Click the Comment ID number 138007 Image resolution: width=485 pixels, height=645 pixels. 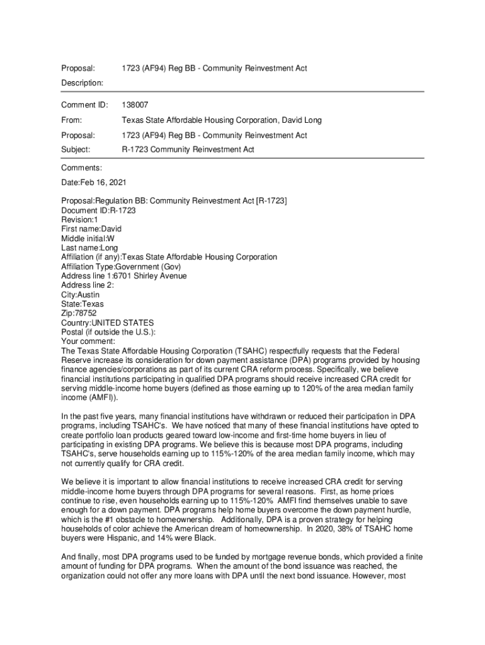(x=135, y=105)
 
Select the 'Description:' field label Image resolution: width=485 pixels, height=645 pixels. (x=82, y=83)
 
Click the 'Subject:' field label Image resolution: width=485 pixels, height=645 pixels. (x=76, y=150)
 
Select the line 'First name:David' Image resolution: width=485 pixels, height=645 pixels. (x=91, y=229)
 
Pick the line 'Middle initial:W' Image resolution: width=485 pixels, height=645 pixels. (x=88, y=239)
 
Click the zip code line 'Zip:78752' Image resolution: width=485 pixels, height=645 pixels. (x=79, y=314)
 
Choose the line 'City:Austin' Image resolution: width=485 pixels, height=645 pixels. (x=80, y=295)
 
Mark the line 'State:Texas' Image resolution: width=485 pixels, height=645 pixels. (x=83, y=304)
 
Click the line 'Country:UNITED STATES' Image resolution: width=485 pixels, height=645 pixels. (x=107, y=323)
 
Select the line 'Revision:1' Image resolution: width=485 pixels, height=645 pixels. (x=79, y=220)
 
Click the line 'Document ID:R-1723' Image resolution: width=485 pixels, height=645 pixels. (x=98, y=210)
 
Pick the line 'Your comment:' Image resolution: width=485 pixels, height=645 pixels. (x=87, y=341)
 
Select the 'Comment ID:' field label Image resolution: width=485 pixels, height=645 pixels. (x=84, y=105)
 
